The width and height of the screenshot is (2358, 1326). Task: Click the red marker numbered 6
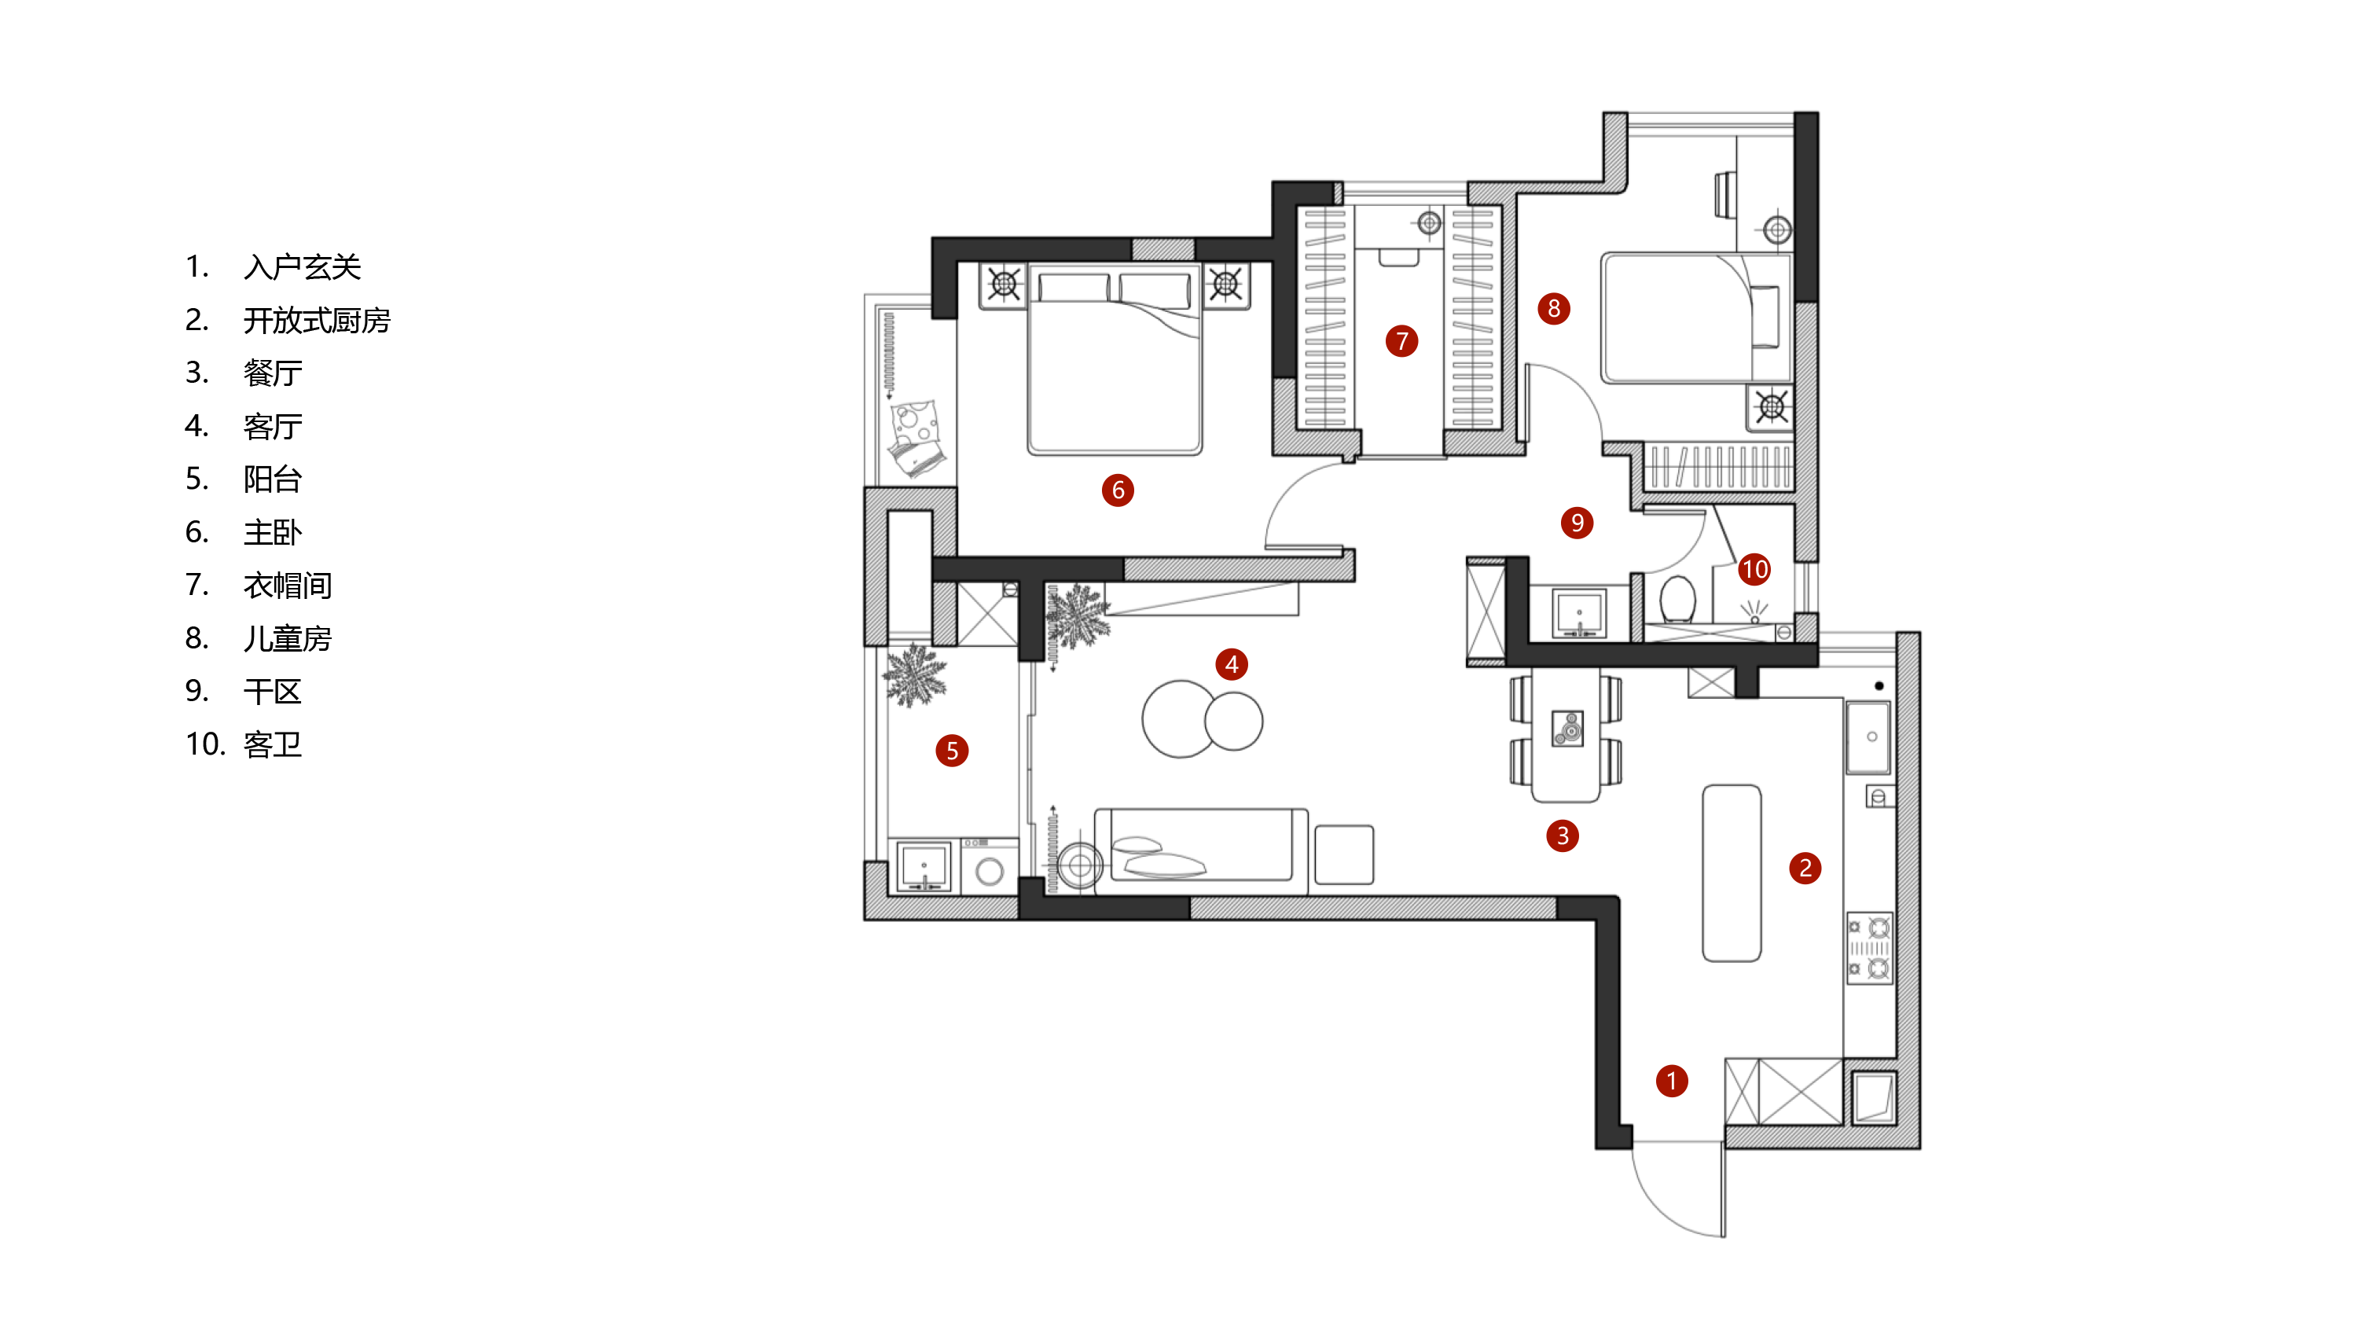click(1118, 490)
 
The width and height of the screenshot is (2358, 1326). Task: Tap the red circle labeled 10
click(1754, 569)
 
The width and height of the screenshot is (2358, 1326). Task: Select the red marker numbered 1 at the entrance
click(1672, 1081)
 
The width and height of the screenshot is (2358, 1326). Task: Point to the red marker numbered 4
click(1231, 664)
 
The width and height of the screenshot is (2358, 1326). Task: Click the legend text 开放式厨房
click(317, 320)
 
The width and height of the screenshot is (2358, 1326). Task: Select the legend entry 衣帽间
click(288, 586)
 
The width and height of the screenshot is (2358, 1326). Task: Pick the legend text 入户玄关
click(302, 267)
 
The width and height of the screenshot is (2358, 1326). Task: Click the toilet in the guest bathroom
click(1677, 600)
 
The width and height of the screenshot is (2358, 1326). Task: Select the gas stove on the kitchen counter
click(1869, 947)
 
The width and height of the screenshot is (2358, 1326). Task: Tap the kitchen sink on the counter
click(1868, 737)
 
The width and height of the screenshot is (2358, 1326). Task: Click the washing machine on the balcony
click(989, 865)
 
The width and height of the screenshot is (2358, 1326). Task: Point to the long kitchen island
click(1731, 873)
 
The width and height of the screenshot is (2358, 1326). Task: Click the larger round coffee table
click(1181, 718)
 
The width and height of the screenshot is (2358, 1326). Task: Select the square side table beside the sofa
click(1344, 854)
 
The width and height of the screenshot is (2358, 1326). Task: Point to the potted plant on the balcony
click(913, 675)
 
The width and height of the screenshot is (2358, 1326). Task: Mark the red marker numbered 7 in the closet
click(1401, 341)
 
